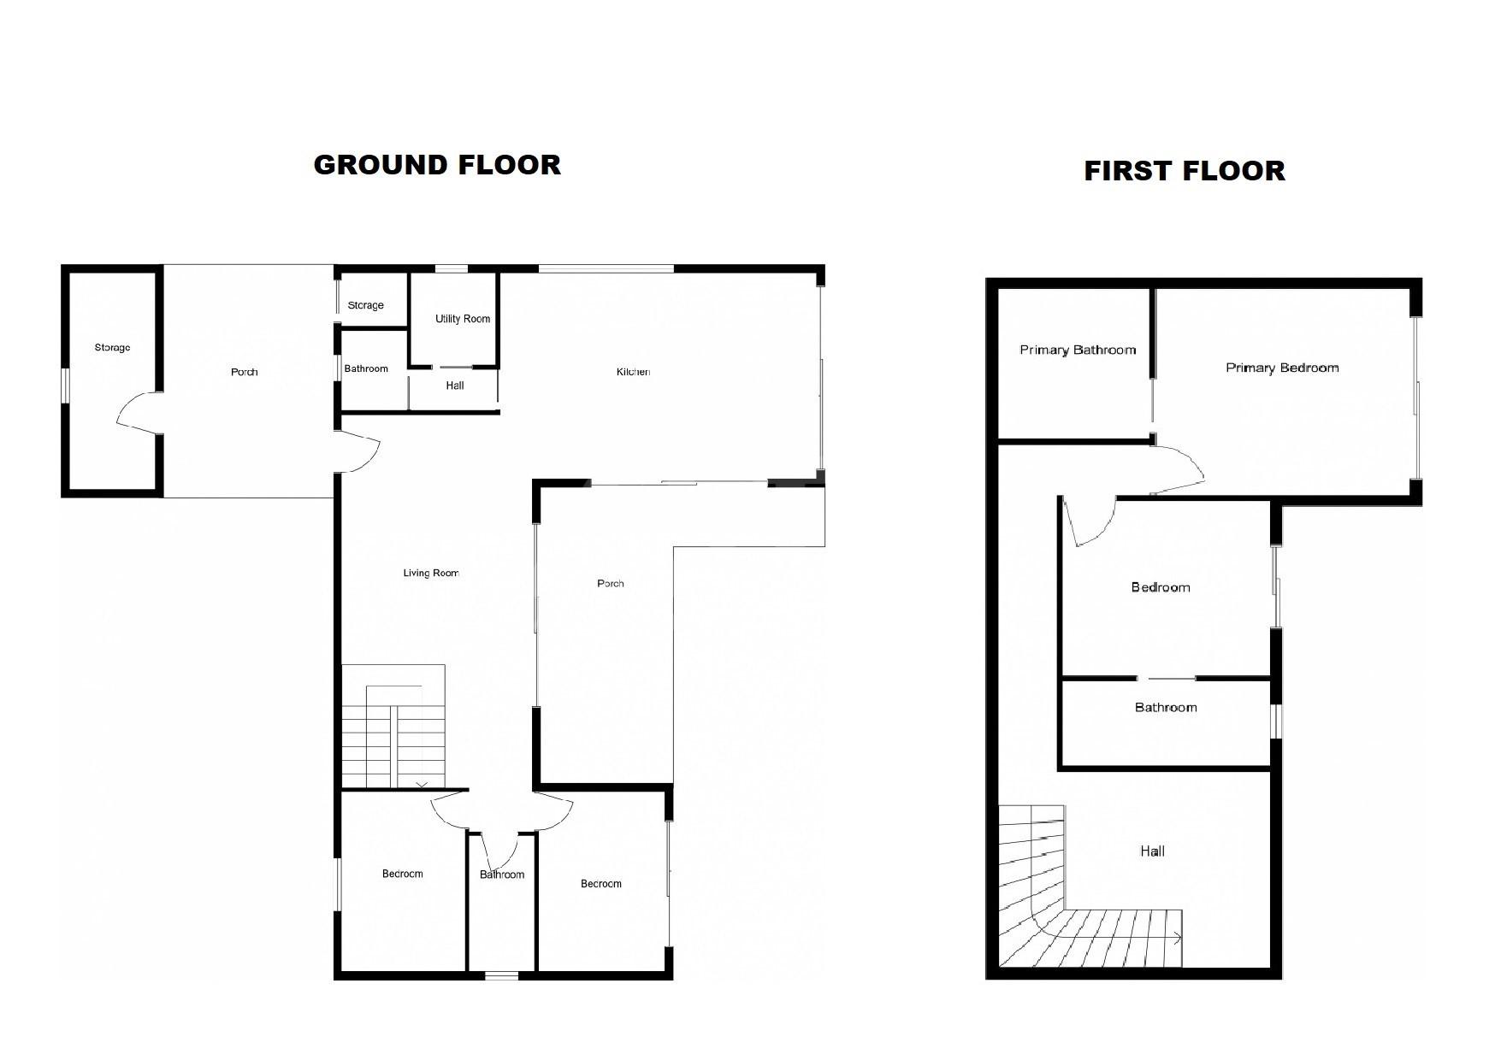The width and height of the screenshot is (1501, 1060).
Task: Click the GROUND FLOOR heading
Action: [437, 165]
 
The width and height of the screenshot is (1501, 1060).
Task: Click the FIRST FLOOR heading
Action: [1185, 171]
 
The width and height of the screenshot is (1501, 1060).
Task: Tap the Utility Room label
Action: [463, 319]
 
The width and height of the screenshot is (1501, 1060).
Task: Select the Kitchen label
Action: [633, 372]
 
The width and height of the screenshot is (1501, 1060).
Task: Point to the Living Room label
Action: [431, 574]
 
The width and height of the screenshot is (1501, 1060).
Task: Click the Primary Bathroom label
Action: [1078, 350]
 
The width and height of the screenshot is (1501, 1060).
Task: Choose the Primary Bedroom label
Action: [1282, 368]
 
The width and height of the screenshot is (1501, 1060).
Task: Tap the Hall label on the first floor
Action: [1152, 851]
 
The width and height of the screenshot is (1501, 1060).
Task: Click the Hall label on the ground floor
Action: [455, 386]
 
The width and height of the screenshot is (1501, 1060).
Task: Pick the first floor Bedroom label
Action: [1161, 587]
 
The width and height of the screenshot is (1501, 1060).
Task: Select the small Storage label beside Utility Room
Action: [366, 306]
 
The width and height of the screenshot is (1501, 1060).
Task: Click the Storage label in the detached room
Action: [112, 348]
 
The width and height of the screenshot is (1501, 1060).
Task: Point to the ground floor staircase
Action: [393, 727]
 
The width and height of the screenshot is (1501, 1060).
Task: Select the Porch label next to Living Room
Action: [611, 584]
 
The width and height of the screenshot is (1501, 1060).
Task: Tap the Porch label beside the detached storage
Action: [245, 373]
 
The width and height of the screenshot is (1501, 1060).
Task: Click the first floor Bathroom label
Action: [1166, 708]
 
